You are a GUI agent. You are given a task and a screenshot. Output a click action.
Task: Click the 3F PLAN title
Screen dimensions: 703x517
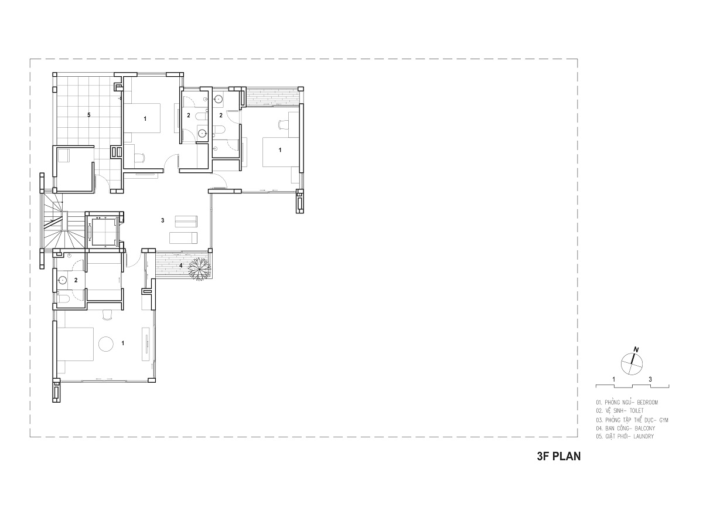[x=559, y=457]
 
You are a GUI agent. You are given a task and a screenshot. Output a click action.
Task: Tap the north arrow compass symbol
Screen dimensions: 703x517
[x=632, y=362]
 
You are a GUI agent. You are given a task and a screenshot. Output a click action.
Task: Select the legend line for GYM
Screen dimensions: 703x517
[x=632, y=420]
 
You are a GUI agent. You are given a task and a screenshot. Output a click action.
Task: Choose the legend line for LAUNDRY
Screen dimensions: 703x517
[x=625, y=436]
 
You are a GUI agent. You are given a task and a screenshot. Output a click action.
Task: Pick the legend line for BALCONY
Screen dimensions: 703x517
[x=626, y=428]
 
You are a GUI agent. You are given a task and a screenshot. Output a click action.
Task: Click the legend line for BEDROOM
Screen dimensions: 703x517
[x=627, y=402]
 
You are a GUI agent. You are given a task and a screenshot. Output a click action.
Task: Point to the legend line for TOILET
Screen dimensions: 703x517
[x=620, y=411]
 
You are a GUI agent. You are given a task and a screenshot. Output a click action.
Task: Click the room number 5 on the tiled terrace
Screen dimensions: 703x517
[x=89, y=115]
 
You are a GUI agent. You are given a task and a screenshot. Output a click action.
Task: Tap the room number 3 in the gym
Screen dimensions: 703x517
[x=163, y=220]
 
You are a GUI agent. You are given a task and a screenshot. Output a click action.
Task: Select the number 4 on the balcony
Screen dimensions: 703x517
[x=181, y=266]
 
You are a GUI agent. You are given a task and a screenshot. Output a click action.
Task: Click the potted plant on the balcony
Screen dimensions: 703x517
[x=199, y=269]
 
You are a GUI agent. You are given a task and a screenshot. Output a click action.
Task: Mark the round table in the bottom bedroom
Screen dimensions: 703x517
[x=106, y=344]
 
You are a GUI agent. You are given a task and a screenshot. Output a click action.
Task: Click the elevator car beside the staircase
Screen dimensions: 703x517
[x=103, y=231]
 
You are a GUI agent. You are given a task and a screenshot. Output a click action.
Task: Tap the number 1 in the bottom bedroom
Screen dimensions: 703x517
[x=122, y=343]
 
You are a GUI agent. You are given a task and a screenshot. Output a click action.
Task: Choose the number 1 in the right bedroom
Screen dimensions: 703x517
[x=280, y=150]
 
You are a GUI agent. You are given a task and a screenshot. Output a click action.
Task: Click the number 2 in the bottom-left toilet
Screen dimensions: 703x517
[x=76, y=280]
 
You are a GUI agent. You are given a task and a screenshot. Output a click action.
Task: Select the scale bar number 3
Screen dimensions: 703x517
[x=650, y=379]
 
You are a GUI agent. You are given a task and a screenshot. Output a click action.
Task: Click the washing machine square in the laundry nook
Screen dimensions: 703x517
[x=64, y=155]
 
